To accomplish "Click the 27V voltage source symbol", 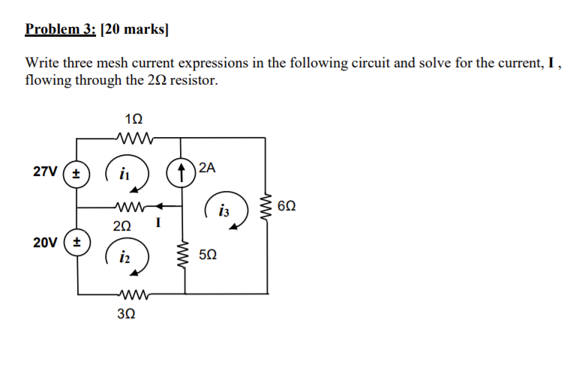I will click(x=77, y=172).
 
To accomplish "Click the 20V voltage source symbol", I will click(x=77, y=243).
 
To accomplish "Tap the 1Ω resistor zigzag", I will click(x=136, y=137).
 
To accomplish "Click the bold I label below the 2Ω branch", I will click(x=157, y=222).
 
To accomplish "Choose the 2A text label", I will click(x=207, y=169).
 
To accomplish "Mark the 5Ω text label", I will click(x=209, y=255).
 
